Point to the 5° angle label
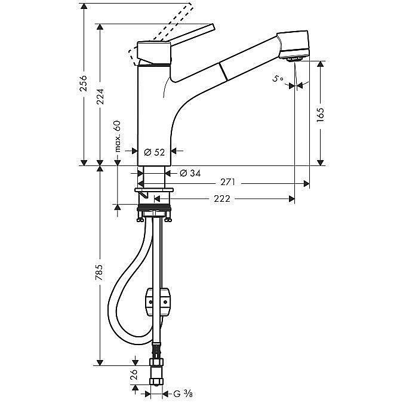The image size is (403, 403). click(277, 78)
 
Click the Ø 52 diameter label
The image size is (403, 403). click(155, 152)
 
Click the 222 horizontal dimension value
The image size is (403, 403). click(222, 199)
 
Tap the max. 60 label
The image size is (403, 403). click(118, 136)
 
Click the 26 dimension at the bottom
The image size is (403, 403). click(134, 375)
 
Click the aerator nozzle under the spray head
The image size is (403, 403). click(293, 59)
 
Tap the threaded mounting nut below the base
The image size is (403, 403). click(155, 211)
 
